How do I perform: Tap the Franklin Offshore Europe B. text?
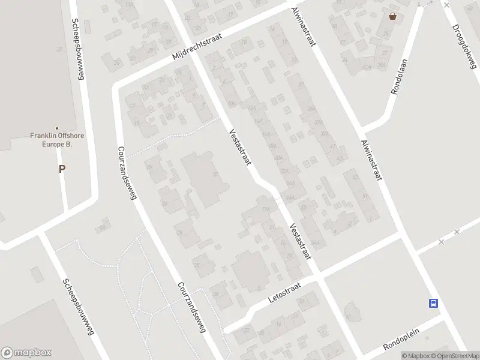[x=57, y=140]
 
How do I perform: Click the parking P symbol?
[x=61, y=169]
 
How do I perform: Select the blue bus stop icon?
[x=433, y=303]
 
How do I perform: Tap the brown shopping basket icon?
[x=392, y=17]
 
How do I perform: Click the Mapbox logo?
[x=26, y=353]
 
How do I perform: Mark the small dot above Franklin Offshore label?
[x=57, y=128]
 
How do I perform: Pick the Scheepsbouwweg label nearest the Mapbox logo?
[x=80, y=306]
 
